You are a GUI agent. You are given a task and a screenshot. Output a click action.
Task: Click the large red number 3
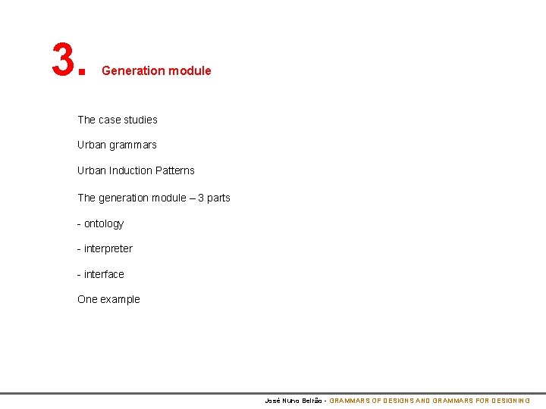63,60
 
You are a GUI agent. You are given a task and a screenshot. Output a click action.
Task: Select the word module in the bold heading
190,70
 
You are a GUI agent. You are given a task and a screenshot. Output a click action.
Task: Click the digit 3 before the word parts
201,198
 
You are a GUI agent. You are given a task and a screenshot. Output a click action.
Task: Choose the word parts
218,198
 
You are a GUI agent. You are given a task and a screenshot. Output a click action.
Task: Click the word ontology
104,223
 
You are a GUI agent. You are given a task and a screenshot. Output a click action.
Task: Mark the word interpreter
108,248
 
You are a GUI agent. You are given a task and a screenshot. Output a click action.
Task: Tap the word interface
104,274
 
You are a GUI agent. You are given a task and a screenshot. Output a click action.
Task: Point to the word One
87,299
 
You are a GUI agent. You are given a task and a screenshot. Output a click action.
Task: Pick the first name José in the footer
272,400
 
